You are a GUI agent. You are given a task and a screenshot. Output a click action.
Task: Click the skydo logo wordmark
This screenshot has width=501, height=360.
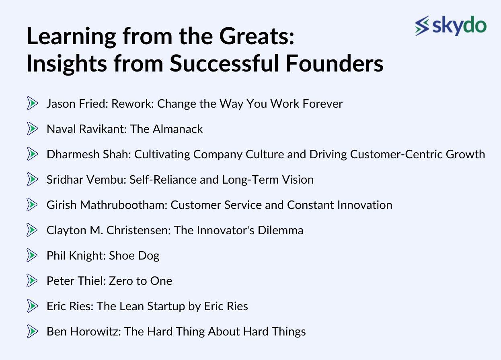pos(459,26)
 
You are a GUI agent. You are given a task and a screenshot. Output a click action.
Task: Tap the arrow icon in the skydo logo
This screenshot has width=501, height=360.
pos(422,26)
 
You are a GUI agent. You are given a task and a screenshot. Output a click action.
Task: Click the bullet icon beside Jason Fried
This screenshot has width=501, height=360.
pos(32,103)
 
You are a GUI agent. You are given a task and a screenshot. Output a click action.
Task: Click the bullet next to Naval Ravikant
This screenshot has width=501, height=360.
pos(32,129)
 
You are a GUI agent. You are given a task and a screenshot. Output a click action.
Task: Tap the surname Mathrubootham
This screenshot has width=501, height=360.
pos(123,205)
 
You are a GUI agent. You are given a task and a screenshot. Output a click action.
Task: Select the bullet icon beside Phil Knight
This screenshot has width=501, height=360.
pos(32,255)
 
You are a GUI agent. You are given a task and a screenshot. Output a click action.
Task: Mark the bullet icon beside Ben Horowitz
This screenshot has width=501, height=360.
pos(32,331)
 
